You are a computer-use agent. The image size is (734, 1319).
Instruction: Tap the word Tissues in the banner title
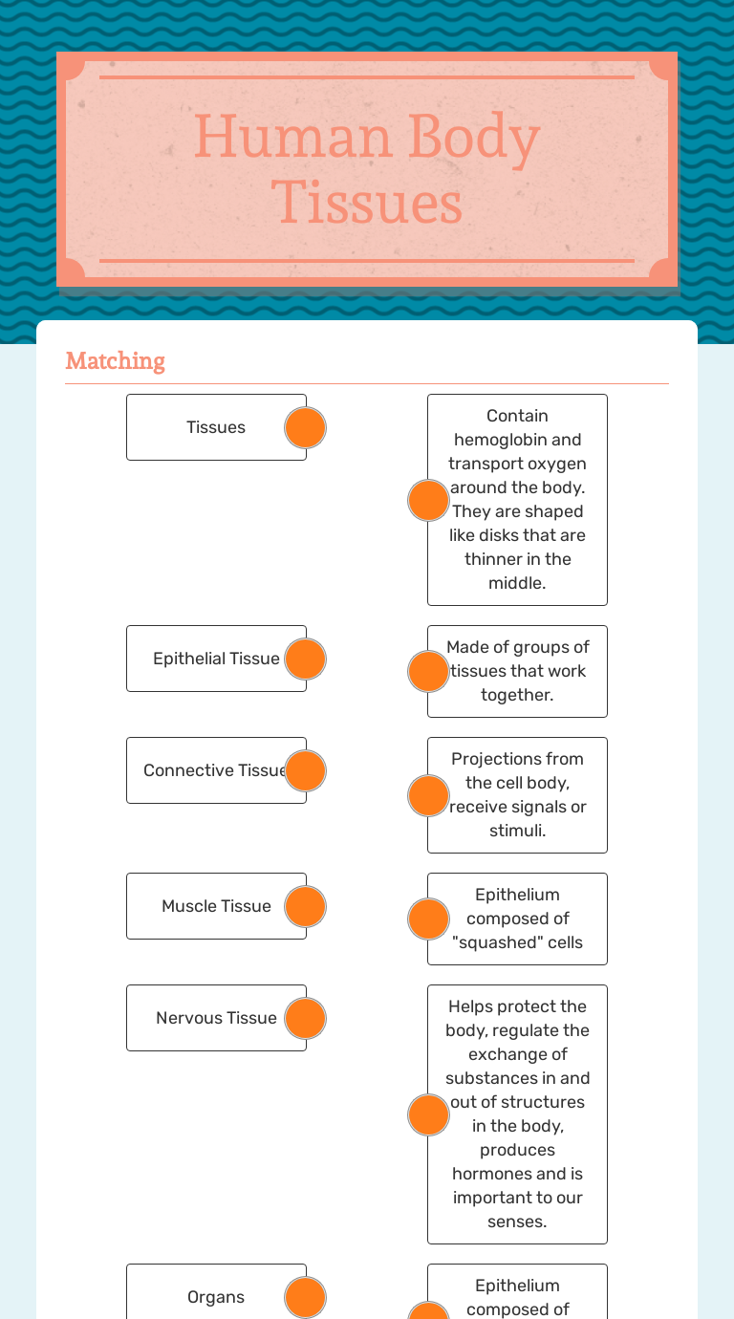point(367,203)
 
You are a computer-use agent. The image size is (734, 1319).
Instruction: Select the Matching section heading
point(115,360)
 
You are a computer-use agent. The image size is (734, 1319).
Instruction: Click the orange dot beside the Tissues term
point(306,427)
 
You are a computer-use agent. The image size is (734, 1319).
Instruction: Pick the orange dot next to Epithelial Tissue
point(306,659)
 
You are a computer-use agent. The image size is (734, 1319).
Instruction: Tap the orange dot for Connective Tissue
point(306,770)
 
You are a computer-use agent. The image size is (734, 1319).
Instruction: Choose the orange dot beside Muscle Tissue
point(306,906)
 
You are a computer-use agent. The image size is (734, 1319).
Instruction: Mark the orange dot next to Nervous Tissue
point(306,1018)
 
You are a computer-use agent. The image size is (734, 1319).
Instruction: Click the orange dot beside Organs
point(306,1297)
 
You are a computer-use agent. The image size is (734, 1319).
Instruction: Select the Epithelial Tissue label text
point(216,659)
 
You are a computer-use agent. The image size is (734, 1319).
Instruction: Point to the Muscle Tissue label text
point(216,906)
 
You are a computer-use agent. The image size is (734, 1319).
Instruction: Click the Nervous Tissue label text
point(216,1018)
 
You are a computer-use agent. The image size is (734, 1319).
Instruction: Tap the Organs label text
point(216,1297)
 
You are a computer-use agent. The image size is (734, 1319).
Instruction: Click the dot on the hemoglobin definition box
point(428,500)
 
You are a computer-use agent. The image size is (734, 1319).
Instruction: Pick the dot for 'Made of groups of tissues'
point(428,671)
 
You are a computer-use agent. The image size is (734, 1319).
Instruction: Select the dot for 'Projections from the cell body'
point(428,795)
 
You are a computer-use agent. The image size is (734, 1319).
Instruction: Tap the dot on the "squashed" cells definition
point(428,919)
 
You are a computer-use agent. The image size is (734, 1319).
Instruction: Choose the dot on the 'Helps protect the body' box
point(428,1114)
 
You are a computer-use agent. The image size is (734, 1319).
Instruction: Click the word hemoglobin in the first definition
point(517,440)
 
